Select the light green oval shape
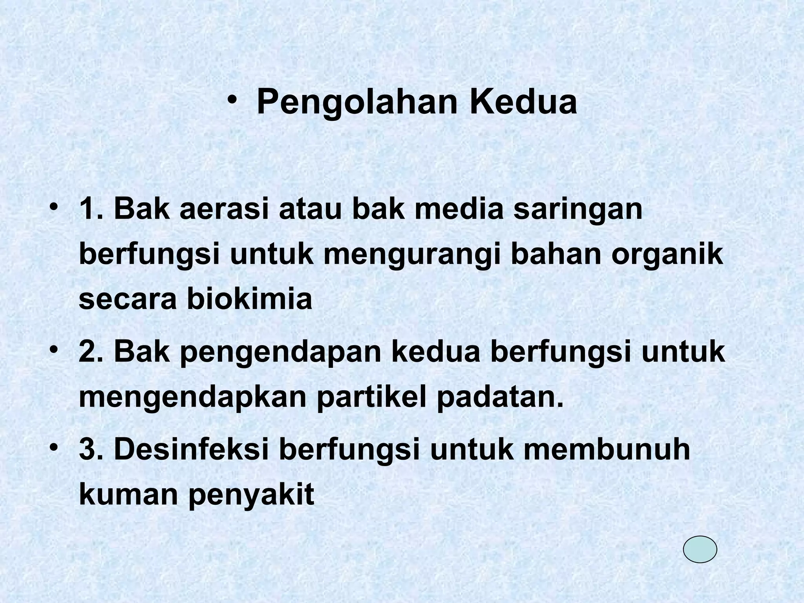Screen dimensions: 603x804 (700, 549)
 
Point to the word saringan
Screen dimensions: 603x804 (578, 210)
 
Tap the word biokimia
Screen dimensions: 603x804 (249, 299)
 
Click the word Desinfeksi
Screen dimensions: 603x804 (192, 450)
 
